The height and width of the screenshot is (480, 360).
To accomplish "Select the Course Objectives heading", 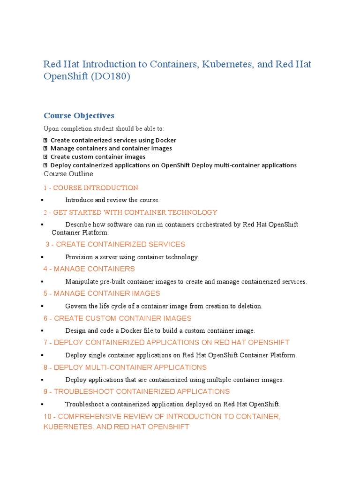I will coord(79,115).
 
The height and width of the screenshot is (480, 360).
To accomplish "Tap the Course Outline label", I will coord(68,174).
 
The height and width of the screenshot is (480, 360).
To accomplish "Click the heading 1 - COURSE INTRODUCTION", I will coord(91,188).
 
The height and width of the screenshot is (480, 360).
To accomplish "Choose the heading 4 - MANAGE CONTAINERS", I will coord(89,269).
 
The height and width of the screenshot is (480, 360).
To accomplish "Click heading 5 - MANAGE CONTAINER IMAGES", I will coord(102,293).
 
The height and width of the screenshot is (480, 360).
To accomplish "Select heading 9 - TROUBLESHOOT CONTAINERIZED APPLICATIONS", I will coord(136,391).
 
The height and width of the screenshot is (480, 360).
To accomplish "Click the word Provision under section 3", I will coord(80,257).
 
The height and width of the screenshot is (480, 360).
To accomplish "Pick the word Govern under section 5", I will coord(76,306).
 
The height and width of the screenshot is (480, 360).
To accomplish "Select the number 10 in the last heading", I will coord(47,416).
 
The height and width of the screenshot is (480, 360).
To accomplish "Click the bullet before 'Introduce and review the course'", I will coord(42,201).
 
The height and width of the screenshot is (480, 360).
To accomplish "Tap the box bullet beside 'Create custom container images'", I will coord(45,157).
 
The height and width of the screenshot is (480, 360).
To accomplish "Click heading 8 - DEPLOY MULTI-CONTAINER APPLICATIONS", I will coord(125,367).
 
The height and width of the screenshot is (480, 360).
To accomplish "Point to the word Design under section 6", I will coord(76,330).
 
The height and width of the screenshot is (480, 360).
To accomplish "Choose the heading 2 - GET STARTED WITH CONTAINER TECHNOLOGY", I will coord(130,212).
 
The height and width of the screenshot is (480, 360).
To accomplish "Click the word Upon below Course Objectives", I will coord(52,129).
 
